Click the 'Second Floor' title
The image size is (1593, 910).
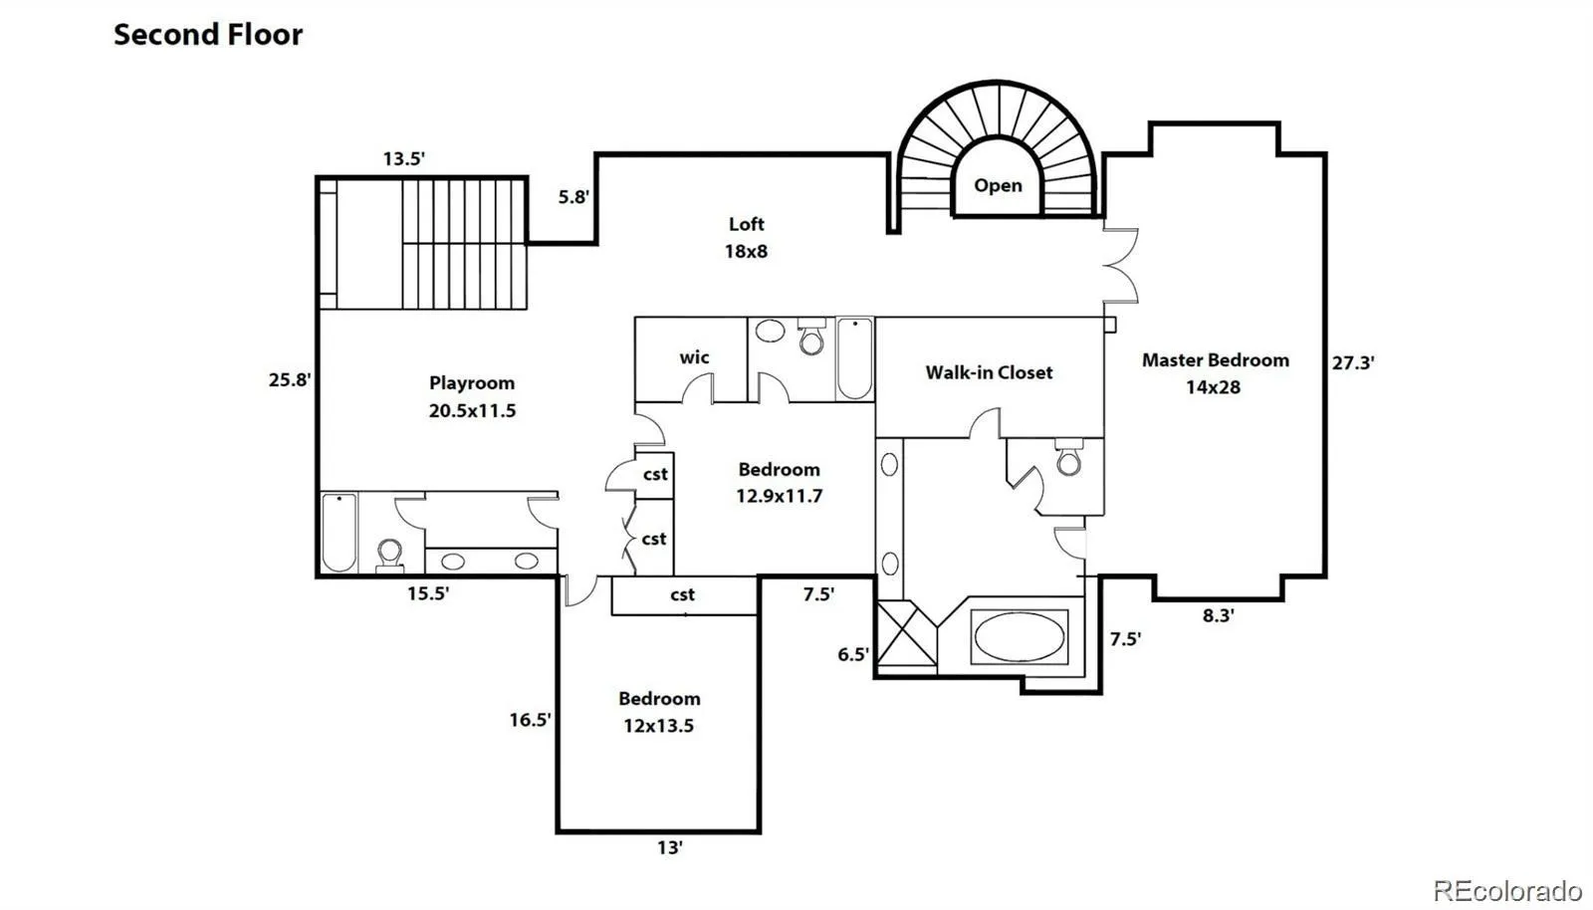click(208, 35)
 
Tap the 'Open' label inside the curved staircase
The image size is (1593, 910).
click(998, 185)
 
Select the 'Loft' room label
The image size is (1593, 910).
click(746, 224)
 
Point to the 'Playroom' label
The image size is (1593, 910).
click(472, 383)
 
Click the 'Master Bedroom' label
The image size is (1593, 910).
click(1216, 359)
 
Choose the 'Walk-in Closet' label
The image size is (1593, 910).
click(989, 372)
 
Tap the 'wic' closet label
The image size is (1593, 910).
click(694, 356)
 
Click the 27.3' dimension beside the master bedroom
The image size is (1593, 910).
click(1353, 363)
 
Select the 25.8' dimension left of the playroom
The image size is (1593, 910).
click(290, 379)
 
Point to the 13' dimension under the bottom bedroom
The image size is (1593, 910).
click(669, 847)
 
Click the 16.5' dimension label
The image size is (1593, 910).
click(530, 720)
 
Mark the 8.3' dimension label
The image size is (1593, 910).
click(1218, 615)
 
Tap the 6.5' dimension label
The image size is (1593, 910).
click(852, 654)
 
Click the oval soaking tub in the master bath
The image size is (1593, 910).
click(1020, 637)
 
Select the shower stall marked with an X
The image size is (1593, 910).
click(907, 633)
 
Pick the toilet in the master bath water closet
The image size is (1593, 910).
click(1068, 458)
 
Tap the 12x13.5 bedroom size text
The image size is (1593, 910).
click(658, 726)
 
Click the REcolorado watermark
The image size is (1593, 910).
click(1507, 889)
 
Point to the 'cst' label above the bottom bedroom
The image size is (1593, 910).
click(682, 594)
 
